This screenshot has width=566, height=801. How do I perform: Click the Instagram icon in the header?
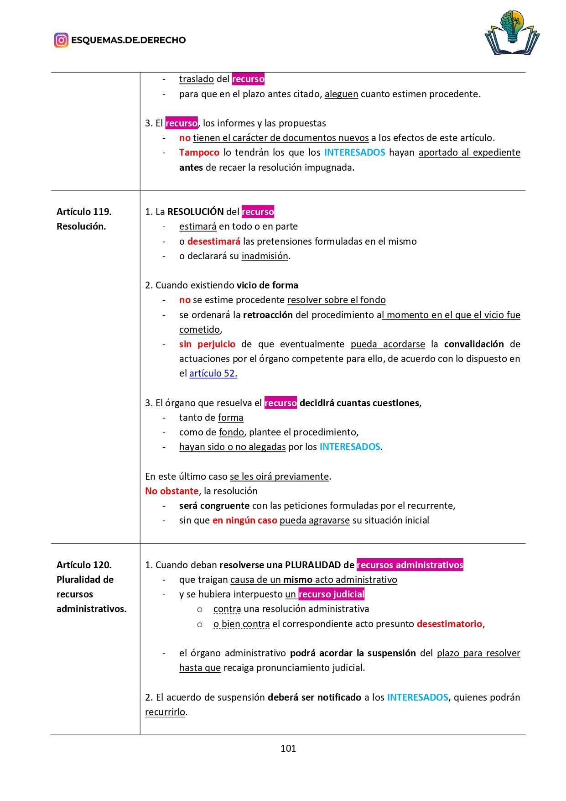pyautogui.click(x=61, y=40)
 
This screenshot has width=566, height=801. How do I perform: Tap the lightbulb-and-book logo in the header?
pyautogui.click(x=512, y=33)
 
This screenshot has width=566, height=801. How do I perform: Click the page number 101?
pyautogui.click(x=288, y=748)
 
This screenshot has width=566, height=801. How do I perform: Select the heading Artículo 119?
pyautogui.click(x=84, y=212)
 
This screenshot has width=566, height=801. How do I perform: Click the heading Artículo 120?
pyautogui.click(x=84, y=565)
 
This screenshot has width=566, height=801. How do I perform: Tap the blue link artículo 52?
pyautogui.click(x=213, y=373)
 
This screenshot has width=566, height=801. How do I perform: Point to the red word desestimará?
pyautogui.click(x=213, y=241)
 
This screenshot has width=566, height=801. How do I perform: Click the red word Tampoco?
pyautogui.click(x=199, y=152)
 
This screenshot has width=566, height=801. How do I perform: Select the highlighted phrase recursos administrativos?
pyautogui.click(x=410, y=565)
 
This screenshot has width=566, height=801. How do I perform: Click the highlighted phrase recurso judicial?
pyautogui.click(x=331, y=594)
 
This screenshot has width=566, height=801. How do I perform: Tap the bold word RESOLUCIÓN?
pyautogui.click(x=196, y=212)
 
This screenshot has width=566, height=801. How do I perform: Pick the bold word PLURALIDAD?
pyautogui.click(x=313, y=565)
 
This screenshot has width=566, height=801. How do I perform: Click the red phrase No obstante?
pyautogui.click(x=171, y=491)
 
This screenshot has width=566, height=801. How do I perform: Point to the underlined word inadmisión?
pyautogui.click(x=265, y=256)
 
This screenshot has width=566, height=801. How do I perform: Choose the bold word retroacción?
pyautogui.click(x=268, y=315)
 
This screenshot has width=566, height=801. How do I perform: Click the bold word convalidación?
pyautogui.click(x=474, y=344)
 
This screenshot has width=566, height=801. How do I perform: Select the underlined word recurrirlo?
pyautogui.click(x=165, y=712)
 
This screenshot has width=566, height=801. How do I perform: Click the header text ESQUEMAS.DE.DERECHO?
pyautogui.click(x=128, y=40)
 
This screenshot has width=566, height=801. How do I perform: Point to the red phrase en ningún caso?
pyautogui.click(x=244, y=520)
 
